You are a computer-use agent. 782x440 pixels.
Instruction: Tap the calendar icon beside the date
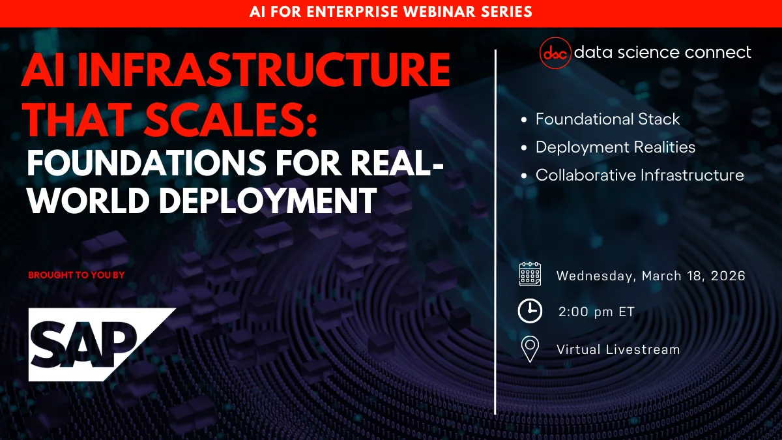point(530,275)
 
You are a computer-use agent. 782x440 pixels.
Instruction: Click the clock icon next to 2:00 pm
point(530,312)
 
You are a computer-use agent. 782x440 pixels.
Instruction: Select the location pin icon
point(530,349)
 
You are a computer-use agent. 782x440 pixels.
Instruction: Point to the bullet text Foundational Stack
point(607,119)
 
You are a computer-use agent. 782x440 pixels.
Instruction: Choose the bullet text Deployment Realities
point(615,147)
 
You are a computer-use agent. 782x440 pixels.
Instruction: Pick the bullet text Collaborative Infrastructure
point(639,175)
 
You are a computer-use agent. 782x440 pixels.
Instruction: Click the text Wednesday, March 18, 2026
point(650,276)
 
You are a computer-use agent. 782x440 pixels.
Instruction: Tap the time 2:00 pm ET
point(596,312)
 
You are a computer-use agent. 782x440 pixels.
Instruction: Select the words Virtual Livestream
point(618,349)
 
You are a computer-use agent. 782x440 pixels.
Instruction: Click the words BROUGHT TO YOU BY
point(76,275)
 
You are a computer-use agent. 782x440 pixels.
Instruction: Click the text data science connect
point(662,52)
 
